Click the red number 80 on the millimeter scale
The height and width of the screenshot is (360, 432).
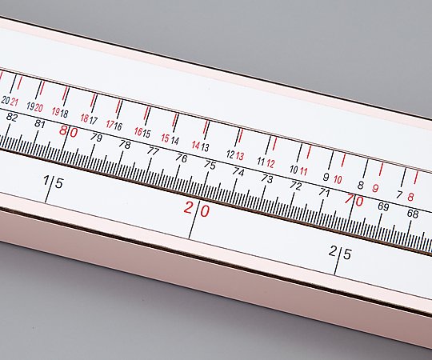[x=69, y=132]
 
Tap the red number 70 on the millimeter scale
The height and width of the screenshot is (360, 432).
[x=354, y=200]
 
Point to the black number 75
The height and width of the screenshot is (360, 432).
[x=210, y=166]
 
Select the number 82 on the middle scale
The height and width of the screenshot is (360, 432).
[x=11, y=117]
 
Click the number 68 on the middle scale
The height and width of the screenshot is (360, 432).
[x=413, y=214]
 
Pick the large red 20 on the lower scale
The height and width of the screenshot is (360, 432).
[x=197, y=209]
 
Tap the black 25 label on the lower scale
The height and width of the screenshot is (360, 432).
[x=340, y=253]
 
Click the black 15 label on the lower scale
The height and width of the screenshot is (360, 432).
[x=53, y=182]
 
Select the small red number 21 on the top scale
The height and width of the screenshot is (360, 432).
[x=14, y=102]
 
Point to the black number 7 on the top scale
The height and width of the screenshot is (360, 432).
[x=399, y=195]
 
